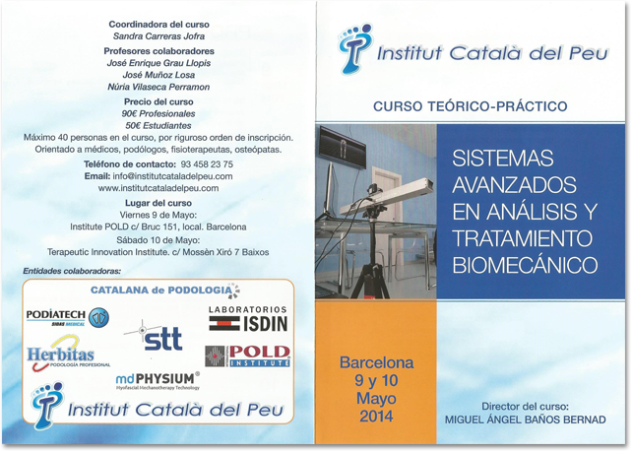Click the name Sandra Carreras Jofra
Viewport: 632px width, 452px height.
point(158,35)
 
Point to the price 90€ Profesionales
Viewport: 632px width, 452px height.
point(158,113)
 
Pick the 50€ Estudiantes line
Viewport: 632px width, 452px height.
point(158,125)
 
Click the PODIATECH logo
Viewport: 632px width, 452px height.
point(66,316)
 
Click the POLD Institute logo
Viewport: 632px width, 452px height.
point(247,355)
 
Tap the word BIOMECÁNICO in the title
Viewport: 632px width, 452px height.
point(523,265)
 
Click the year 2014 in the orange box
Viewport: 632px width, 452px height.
point(376,417)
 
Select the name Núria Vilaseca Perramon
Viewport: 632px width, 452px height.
point(158,87)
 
